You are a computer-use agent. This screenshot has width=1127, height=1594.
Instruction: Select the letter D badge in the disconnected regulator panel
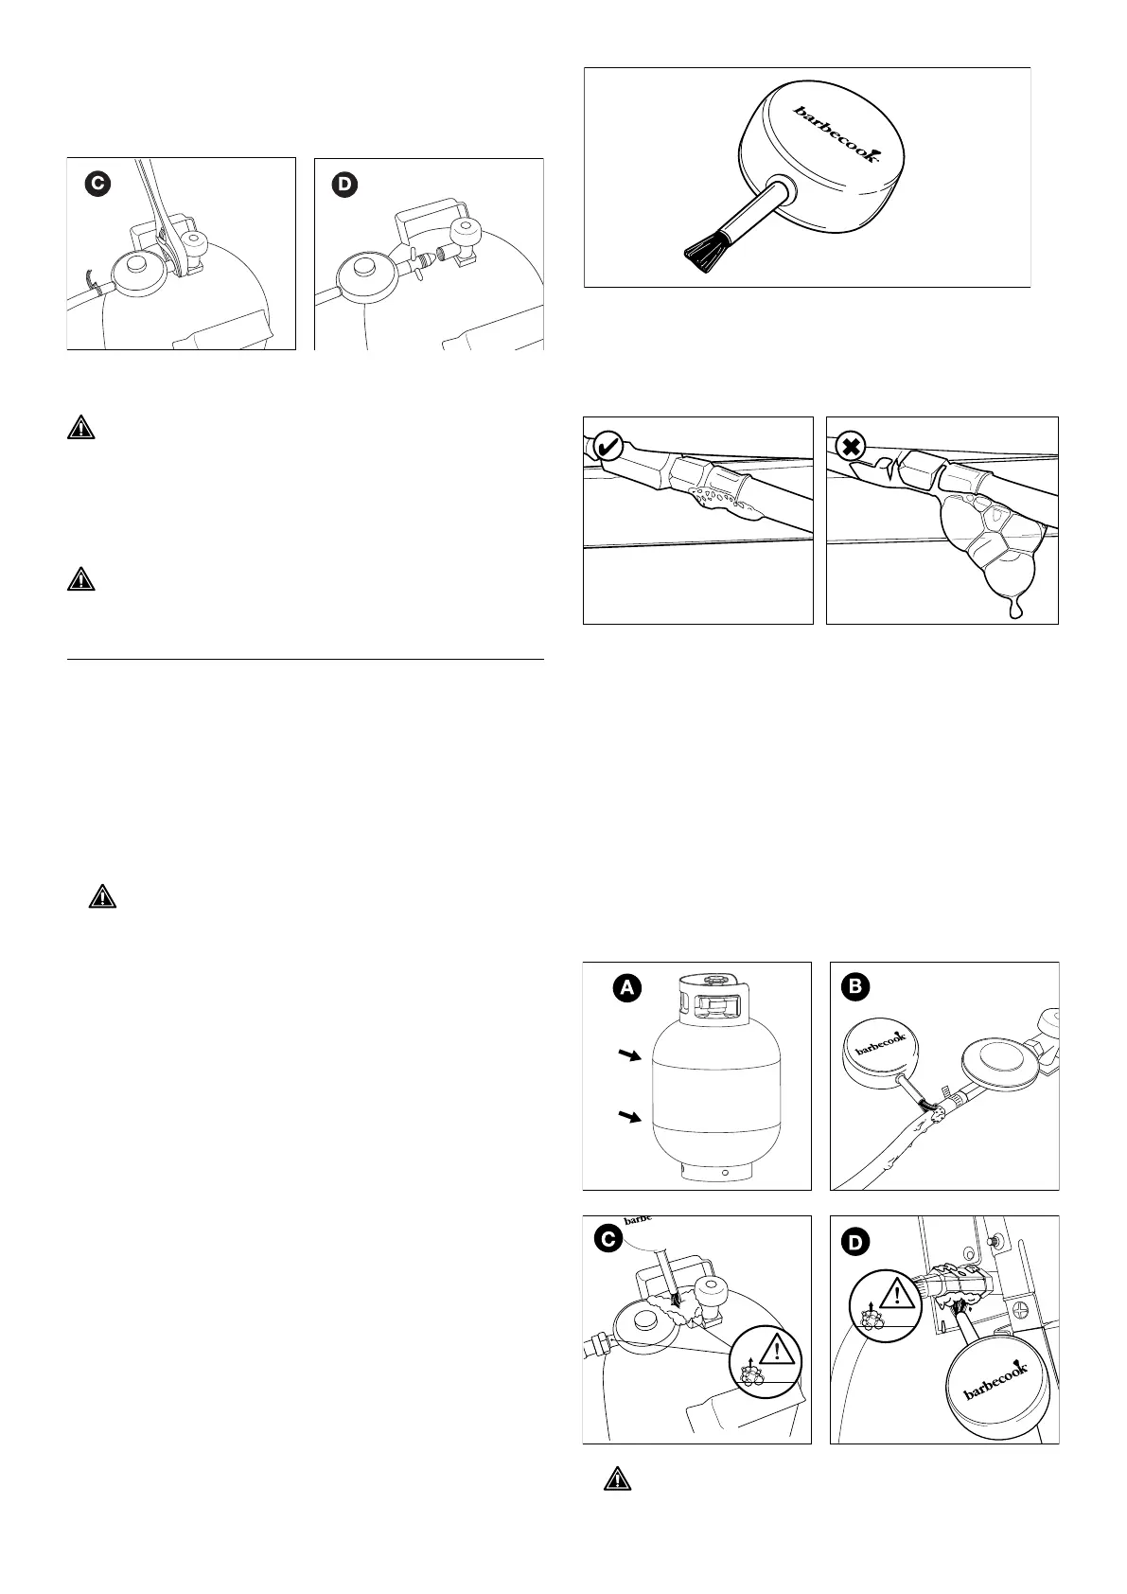click(344, 186)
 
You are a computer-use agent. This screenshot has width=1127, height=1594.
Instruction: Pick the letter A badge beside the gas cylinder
click(625, 989)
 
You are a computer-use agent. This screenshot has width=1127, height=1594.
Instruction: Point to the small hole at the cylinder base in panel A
click(724, 1172)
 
